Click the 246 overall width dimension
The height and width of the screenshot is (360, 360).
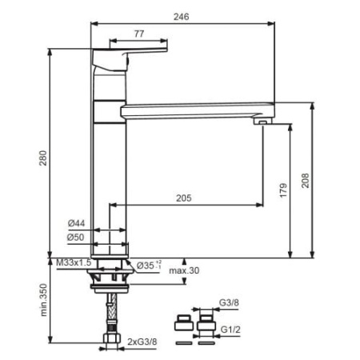pyautogui.click(x=181, y=17)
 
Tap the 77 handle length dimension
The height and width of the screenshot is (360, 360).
pyautogui.click(x=139, y=34)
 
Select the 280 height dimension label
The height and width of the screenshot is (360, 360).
pyautogui.click(x=43, y=158)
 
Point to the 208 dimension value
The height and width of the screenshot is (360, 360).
pyautogui.click(x=306, y=181)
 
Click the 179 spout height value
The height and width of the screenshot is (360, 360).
pyautogui.click(x=283, y=190)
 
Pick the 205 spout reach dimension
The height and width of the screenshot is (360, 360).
pyautogui.click(x=184, y=198)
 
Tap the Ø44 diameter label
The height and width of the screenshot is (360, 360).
pyautogui.click(x=76, y=223)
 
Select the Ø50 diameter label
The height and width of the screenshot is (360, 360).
pyautogui.click(x=76, y=237)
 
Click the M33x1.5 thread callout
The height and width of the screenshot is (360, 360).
pyautogui.click(x=74, y=262)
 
